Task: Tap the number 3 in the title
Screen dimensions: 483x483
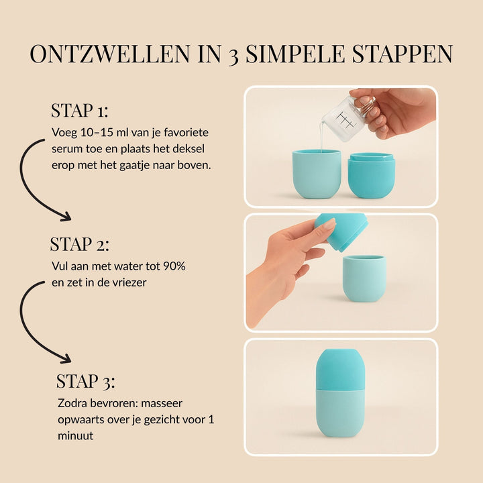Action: point(232,54)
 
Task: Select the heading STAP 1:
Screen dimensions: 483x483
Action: point(80,111)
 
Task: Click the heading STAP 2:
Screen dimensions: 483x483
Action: point(79,244)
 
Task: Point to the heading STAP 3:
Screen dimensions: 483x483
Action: point(85,382)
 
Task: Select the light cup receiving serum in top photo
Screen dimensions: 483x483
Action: point(316,174)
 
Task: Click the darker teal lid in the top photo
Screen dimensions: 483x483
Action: point(371,175)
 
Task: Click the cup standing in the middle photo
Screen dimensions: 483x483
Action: point(364,278)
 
